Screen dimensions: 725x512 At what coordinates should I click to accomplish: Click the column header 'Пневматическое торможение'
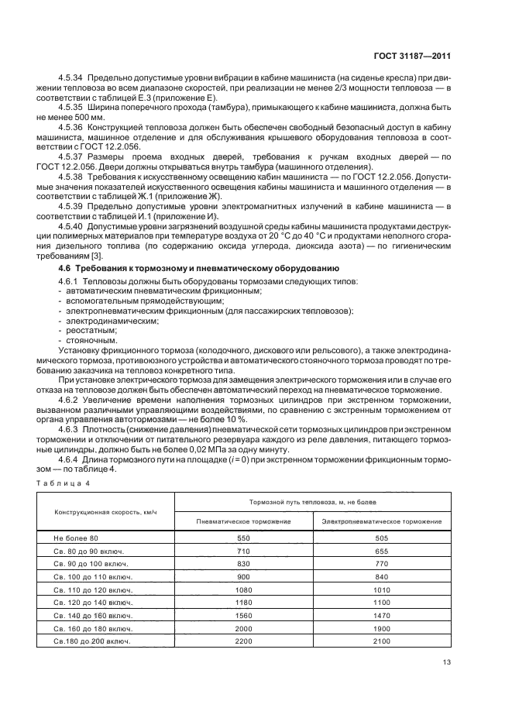point(244,522)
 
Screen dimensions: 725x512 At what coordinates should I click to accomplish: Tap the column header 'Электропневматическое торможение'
point(382,522)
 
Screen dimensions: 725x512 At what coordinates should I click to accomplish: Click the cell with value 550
point(244,538)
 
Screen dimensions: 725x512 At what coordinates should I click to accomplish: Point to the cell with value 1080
point(244,589)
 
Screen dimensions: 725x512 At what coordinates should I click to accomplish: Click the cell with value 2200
point(244,641)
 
